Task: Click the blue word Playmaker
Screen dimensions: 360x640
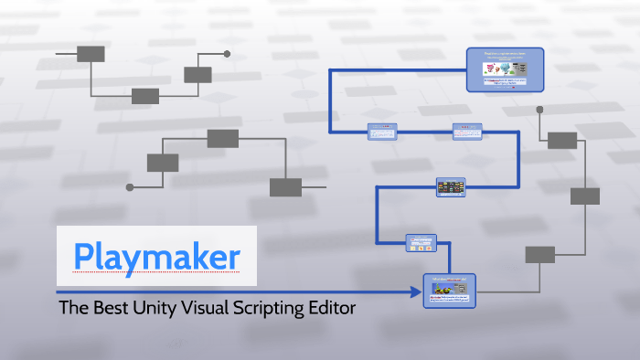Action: (x=158, y=255)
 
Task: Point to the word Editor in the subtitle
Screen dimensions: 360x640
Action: (x=334, y=308)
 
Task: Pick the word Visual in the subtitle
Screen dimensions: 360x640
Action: (x=214, y=308)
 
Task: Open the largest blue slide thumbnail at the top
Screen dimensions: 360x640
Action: (x=505, y=69)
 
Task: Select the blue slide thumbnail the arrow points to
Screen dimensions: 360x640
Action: (x=449, y=291)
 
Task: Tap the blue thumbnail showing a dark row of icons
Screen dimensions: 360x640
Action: (x=451, y=187)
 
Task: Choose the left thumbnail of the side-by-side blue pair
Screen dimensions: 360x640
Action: (x=381, y=132)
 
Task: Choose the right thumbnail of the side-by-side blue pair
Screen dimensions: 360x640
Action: (x=466, y=132)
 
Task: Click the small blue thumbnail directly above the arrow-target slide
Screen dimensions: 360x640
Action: (x=421, y=243)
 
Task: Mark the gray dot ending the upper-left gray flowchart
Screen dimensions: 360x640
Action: (x=227, y=54)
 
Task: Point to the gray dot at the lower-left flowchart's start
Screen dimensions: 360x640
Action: (x=130, y=187)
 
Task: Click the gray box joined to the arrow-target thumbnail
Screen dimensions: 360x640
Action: (x=539, y=254)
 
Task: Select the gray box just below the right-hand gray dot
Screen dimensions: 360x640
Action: (x=562, y=140)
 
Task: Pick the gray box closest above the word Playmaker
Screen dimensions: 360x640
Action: (x=163, y=163)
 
